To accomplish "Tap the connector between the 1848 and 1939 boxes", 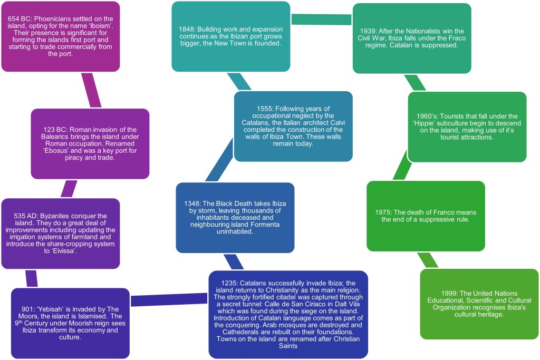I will [x=321, y=19].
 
